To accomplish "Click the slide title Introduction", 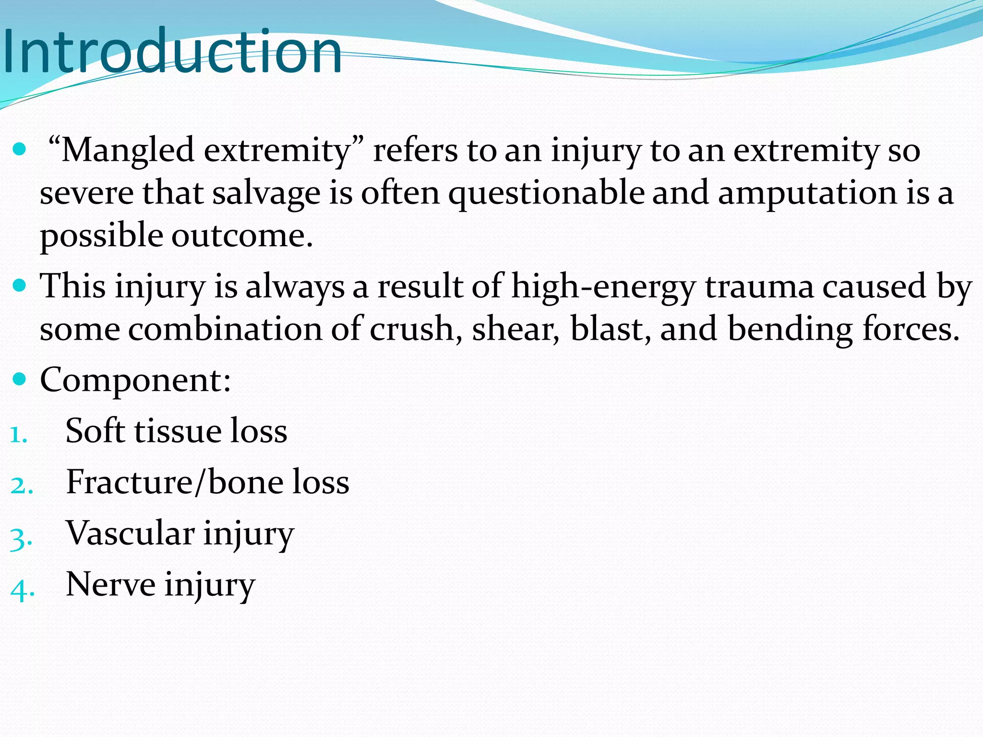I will [172, 52].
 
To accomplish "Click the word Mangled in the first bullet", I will [127, 151].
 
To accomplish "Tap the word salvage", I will [266, 194].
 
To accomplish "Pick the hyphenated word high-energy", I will [603, 287].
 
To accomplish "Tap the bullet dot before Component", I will [20, 380].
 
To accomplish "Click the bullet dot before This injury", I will [20, 286].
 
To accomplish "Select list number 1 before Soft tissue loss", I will [18, 435].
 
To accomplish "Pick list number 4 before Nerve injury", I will [22, 589].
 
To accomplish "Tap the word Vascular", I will [130, 533].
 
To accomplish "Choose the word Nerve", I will [110, 584].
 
